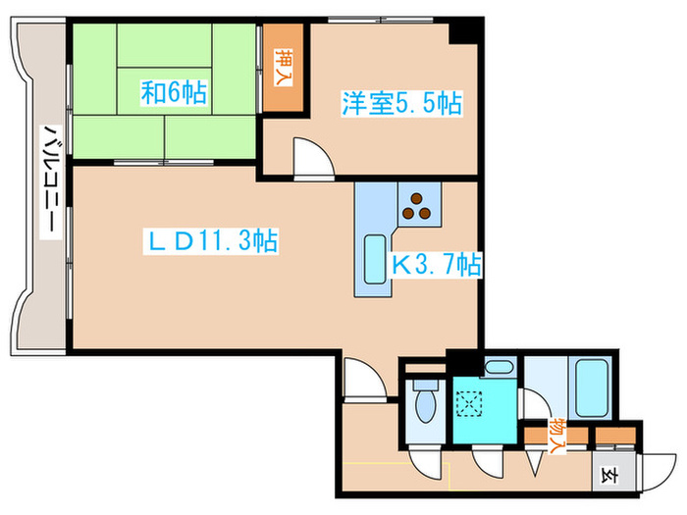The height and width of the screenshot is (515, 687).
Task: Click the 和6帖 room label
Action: (x=174, y=93)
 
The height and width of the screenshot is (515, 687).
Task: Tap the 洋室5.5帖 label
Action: (x=401, y=102)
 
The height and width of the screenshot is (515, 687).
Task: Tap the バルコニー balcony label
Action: (x=47, y=181)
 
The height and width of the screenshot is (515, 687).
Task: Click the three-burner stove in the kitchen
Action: (x=418, y=204)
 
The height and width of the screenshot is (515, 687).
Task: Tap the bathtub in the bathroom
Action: (x=594, y=389)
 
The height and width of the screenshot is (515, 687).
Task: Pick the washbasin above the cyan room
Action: (x=499, y=369)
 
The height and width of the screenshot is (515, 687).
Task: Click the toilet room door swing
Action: (x=423, y=458)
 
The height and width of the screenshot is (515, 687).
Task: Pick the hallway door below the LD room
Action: (x=360, y=378)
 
